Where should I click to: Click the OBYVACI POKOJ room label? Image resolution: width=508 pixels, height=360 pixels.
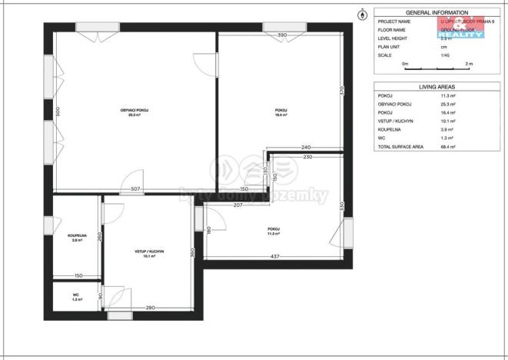pos(134,111)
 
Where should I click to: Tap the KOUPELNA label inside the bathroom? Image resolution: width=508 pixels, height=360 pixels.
pos(77,236)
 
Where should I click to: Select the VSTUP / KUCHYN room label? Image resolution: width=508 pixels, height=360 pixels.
pos(148,252)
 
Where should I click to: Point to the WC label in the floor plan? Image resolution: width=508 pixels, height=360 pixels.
pos(76,295)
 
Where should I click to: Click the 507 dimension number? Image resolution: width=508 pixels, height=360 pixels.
pos(134,188)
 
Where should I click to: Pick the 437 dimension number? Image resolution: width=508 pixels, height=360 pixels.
pos(275,256)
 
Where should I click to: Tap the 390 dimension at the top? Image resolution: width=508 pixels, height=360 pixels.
pos(282,35)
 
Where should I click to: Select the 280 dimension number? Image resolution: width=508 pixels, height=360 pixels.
pos(151,308)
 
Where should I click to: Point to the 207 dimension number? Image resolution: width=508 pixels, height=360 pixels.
pos(237,205)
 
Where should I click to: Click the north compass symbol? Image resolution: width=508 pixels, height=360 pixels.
pos(362,13)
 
